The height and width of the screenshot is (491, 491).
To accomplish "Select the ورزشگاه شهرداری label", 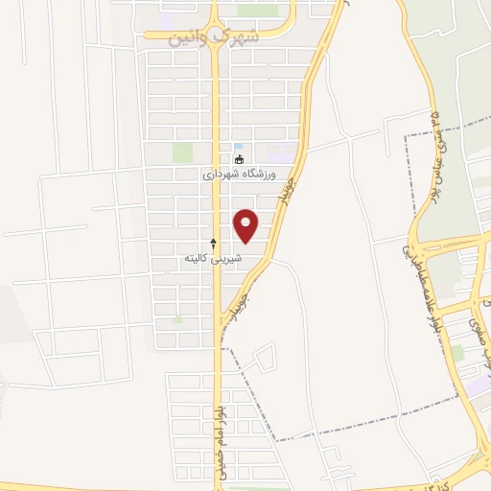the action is (x=239, y=175).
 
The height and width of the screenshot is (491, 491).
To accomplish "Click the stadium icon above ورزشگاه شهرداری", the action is (x=239, y=159).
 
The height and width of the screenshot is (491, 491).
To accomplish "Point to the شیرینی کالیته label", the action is (x=213, y=259).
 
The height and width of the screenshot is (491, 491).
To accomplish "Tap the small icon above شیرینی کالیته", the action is (x=213, y=244).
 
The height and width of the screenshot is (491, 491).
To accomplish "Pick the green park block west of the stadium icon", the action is (x=182, y=152).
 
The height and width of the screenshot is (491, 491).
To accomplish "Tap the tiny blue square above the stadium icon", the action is (x=239, y=140).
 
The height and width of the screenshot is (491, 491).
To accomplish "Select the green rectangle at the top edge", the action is (x=256, y=11).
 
